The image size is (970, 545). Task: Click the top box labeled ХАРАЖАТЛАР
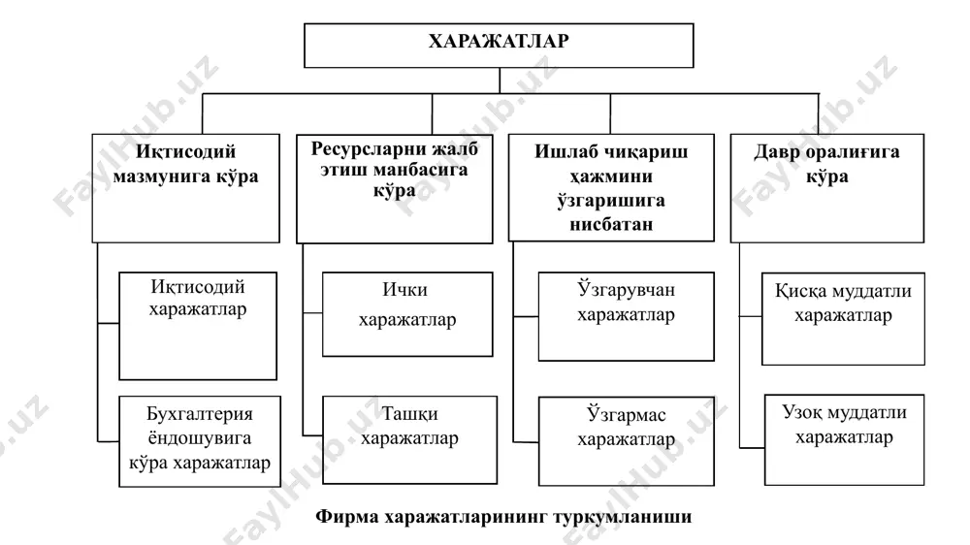click(499, 46)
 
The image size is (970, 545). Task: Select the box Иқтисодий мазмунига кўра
click(185, 188)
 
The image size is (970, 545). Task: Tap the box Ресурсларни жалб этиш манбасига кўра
click(395, 189)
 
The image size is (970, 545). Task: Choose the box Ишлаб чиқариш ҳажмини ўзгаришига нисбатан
click(611, 187)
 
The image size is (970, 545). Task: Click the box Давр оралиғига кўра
click(827, 188)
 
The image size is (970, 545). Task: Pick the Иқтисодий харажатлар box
click(198, 326)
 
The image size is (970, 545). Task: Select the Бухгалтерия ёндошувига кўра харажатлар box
click(200, 441)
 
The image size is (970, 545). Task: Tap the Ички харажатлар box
click(407, 314)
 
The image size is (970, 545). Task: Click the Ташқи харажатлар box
click(409, 440)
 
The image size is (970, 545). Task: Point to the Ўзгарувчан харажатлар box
click(626, 317)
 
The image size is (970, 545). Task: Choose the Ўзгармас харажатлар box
click(626, 441)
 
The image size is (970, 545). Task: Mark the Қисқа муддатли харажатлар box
click(843, 319)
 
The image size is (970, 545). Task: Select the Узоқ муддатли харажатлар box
click(845, 440)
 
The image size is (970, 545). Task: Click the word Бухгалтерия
click(199, 414)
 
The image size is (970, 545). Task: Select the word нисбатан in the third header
click(611, 224)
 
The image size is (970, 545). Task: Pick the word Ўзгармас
click(626, 414)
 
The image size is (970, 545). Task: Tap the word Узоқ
click(802, 412)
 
